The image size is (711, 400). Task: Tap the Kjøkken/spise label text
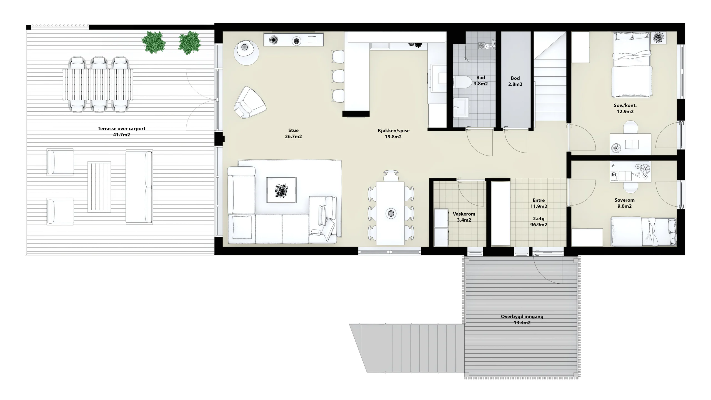(393, 131)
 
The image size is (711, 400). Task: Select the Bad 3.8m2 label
(480, 81)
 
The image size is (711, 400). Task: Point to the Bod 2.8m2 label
(515, 81)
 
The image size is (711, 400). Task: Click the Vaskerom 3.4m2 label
(464, 217)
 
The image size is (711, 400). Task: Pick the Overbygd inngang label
(522, 316)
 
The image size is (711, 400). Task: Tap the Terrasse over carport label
(122, 129)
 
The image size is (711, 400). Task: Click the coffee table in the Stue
(281, 190)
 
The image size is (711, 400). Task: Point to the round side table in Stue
(246, 53)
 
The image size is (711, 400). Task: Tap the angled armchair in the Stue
(249, 102)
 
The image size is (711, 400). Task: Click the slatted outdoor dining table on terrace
(98, 84)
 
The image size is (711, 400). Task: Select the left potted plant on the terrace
(154, 42)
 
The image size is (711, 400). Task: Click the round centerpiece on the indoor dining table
(391, 213)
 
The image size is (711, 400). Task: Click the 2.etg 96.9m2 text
(539, 222)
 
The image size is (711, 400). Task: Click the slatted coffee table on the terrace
(99, 187)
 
